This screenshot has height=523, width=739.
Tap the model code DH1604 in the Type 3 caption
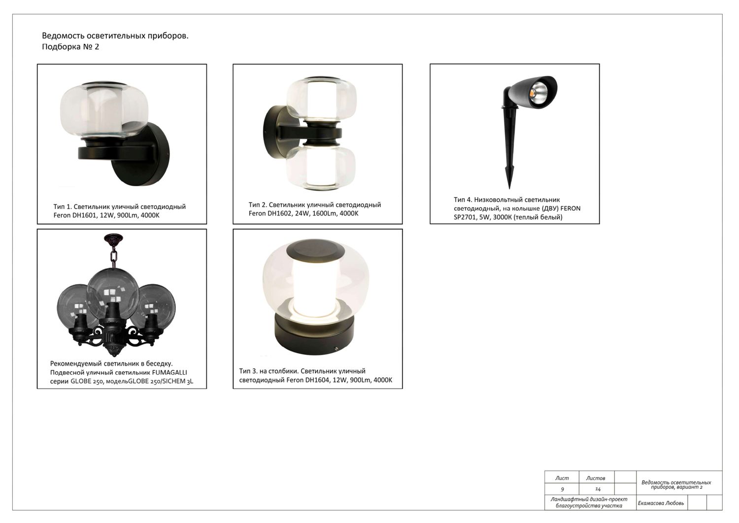tap(317, 380)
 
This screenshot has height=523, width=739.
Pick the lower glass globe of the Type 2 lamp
tap(321, 169)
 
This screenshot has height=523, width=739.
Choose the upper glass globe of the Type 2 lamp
tap(321, 99)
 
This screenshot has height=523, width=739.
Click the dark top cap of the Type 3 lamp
tap(315, 250)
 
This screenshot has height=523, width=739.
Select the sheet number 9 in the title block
tap(563, 489)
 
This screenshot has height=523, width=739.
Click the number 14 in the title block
tap(598, 489)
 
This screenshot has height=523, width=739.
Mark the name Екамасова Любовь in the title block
tap(661, 503)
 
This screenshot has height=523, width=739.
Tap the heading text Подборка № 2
tap(70, 47)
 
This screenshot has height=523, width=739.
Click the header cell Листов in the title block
tap(596, 479)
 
